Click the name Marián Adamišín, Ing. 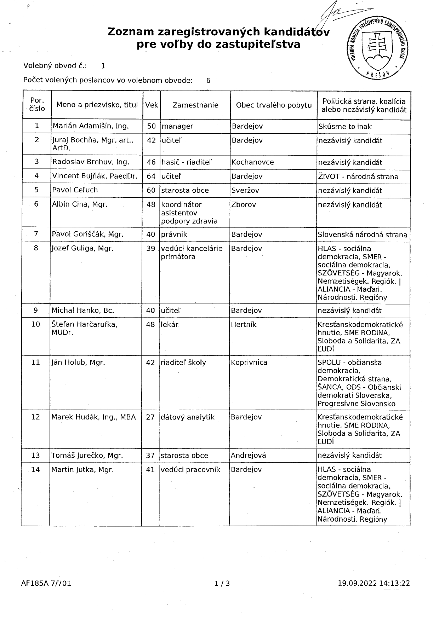91,126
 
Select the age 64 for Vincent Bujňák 151,176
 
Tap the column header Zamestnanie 195,105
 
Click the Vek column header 152,105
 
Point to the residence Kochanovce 253,162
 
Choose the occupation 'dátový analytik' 188,417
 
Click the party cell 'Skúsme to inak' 345,126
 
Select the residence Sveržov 245,190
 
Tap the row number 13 35,455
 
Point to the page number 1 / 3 222,583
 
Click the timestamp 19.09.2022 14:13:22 374,583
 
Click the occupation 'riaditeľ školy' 183,363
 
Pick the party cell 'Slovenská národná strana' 362,234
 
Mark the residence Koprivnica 249,363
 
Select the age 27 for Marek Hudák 150,417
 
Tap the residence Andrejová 248,455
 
